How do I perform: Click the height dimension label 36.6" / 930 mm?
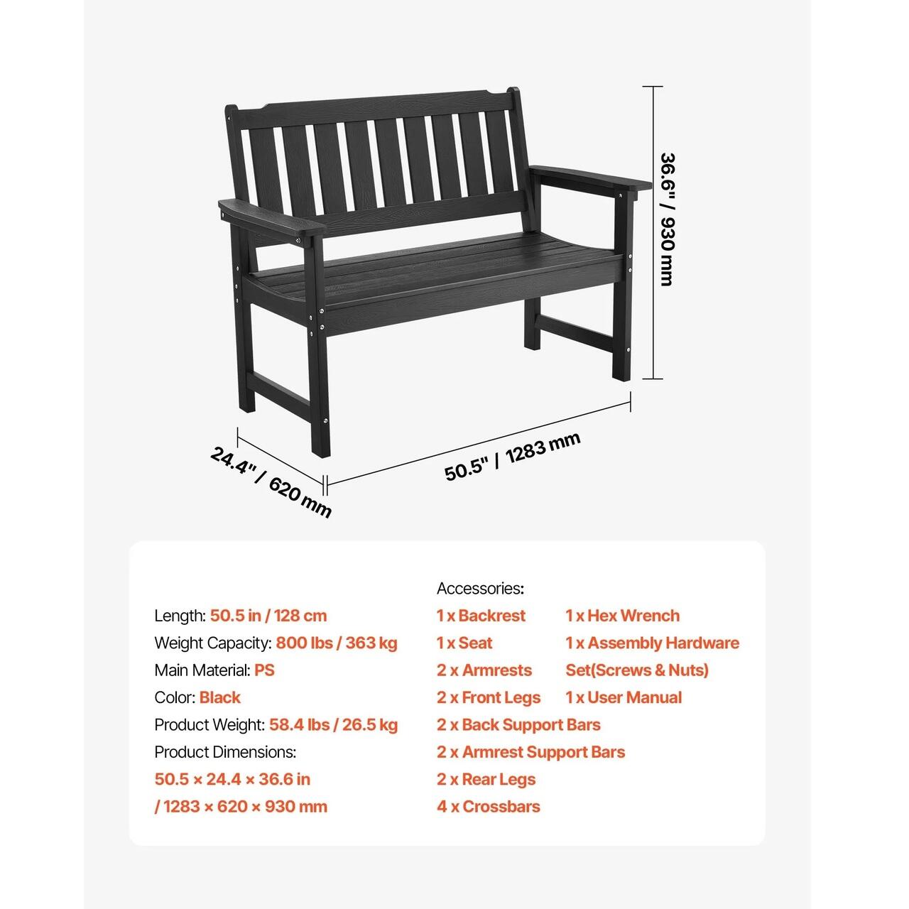pos(666,219)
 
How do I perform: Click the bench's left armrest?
pos(269,217)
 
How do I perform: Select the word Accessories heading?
pos(480,588)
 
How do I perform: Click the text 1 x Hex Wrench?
pos(622,616)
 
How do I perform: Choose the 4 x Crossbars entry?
pos(488,807)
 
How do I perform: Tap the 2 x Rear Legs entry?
pos(486,779)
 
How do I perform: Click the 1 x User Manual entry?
pos(624,697)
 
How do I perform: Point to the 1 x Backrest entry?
pos(481,616)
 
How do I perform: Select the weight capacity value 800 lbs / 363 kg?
pos(337,643)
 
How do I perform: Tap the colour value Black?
pos(220,697)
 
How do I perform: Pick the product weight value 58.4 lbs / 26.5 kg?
pos(333,725)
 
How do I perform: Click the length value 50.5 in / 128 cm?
pos(268,616)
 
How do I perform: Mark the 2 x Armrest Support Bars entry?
pos(530,752)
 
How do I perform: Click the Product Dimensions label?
pos(225,752)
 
